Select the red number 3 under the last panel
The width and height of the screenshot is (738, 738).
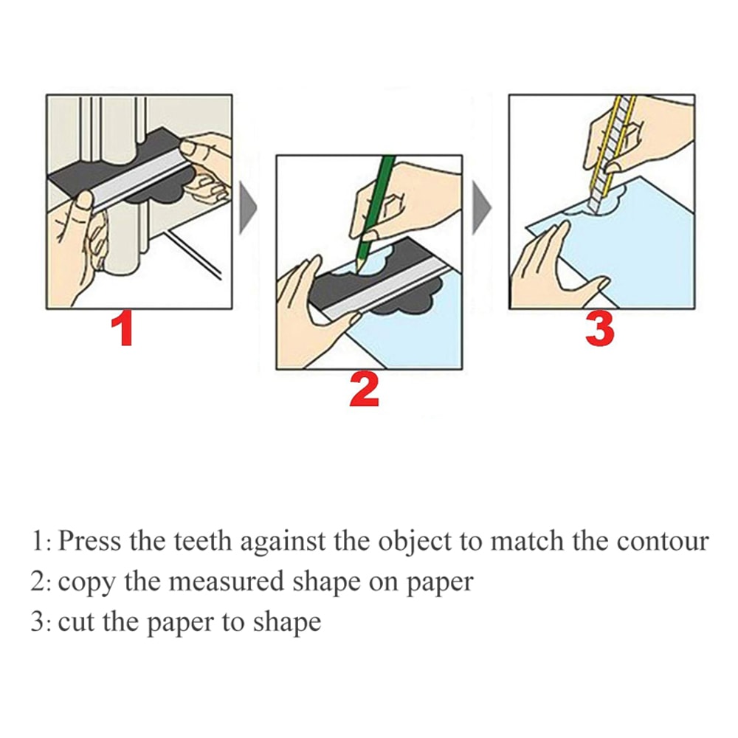pos(599,329)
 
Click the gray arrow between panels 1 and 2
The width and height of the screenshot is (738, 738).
pos(249,209)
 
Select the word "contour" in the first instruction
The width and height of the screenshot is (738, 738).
pos(662,541)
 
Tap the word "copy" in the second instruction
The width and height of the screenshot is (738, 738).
pos(86,583)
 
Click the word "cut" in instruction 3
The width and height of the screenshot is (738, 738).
pos(77,621)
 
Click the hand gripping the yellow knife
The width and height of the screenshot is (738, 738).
pos(635,137)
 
